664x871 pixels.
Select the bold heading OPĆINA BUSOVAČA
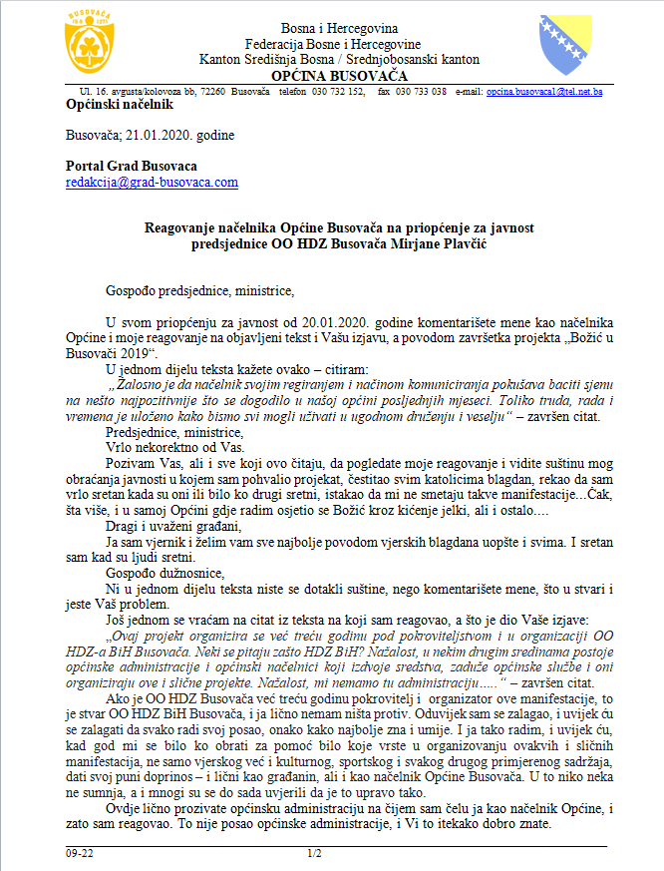pyautogui.click(x=333, y=76)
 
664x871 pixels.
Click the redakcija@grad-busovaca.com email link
pyautogui.click(x=152, y=183)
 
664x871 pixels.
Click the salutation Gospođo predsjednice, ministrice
pyautogui.click(x=200, y=291)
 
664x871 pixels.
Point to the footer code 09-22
pyautogui.click(x=80, y=854)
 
